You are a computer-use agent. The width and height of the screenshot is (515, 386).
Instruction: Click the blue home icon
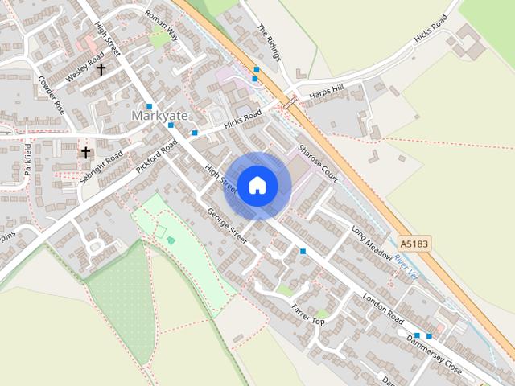pos(257,185)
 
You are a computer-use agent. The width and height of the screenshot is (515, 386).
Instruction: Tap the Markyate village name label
pos(159,117)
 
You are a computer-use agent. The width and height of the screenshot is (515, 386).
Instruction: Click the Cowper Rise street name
pos(51,94)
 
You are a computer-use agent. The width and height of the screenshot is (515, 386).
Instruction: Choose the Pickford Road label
pos(156,158)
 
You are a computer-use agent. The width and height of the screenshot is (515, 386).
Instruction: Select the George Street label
pos(226,226)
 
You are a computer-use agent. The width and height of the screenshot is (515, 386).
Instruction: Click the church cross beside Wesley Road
pos(101,69)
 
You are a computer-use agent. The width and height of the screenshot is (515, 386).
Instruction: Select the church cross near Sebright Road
pos(85,152)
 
